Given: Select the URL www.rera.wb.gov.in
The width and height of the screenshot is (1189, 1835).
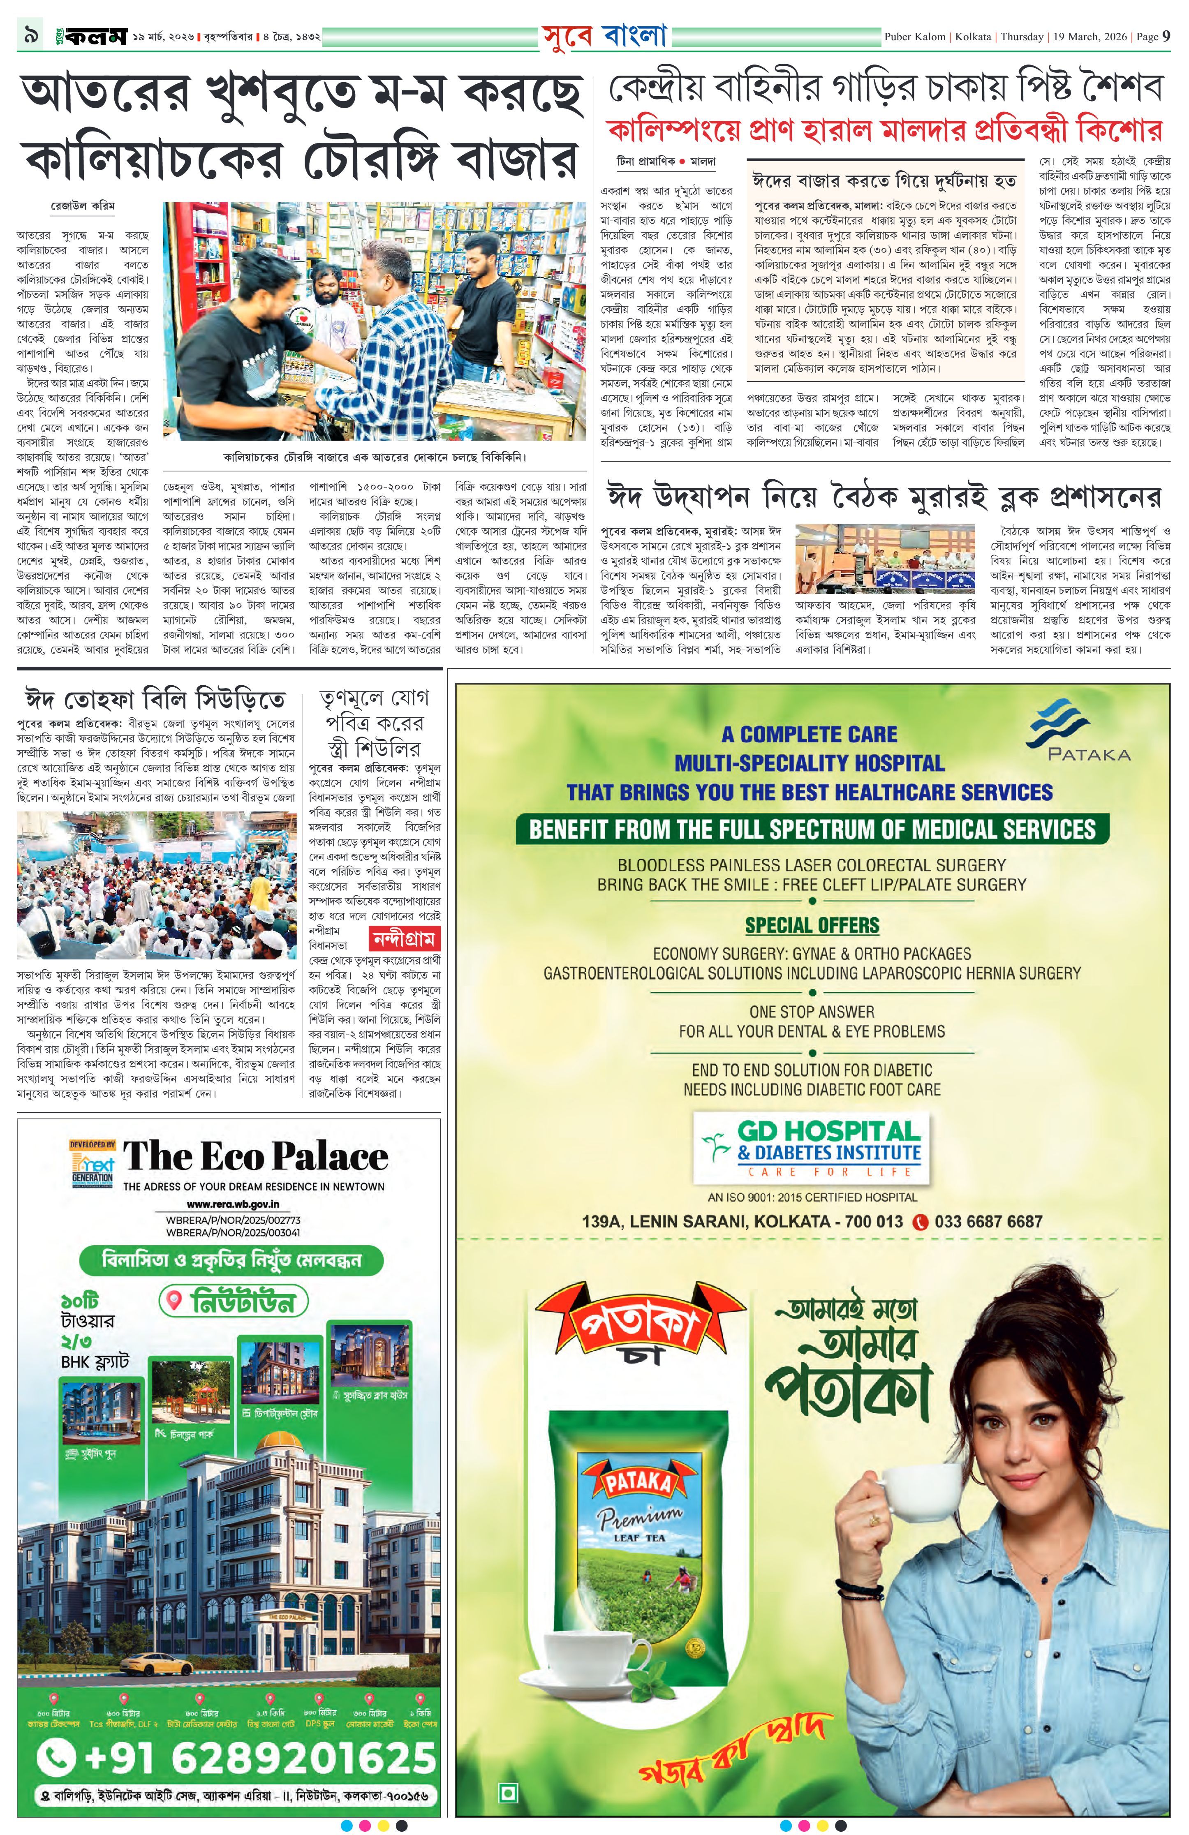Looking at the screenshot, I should (x=233, y=1204).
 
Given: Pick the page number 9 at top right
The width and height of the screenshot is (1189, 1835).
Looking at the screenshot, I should (x=1167, y=36).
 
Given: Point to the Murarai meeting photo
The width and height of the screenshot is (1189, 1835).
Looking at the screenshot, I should (x=884, y=557).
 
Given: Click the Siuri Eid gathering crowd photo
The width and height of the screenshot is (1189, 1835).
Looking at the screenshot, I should (x=157, y=885).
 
